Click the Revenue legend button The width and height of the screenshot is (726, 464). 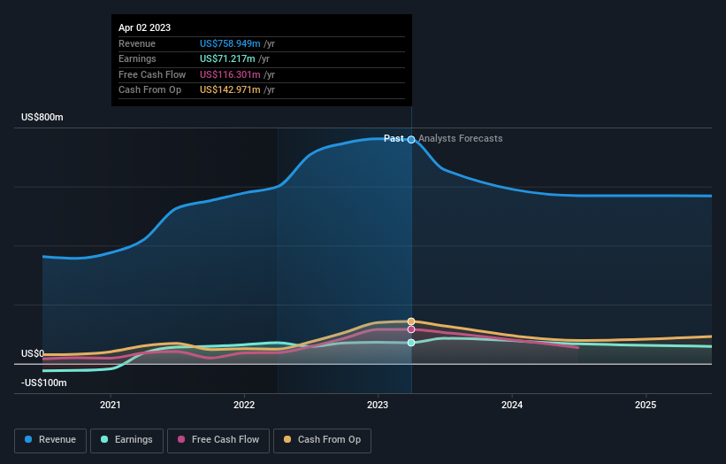click(x=50, y=439)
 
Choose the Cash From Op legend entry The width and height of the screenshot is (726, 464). click(x=321, y=439)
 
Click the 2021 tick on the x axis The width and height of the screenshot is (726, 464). click(x=111, y=406)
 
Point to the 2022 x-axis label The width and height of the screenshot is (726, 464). click(x=244, y=406)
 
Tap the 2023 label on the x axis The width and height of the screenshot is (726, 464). click(x=378, y=406)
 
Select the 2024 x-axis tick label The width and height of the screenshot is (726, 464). click(x=511, y=406)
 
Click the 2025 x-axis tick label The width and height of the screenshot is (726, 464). click(x=646, y=406)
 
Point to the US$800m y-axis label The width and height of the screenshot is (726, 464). click(x=42, y=118)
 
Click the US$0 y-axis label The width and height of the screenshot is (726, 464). click(x=33, y=353)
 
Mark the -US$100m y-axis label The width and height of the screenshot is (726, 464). click(x=44, y=383)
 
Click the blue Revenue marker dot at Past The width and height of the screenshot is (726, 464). click(x=411, y=140)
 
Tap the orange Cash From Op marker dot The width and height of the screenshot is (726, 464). click(x=411, y=321)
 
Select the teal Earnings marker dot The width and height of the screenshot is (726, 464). click(x=411, y=343)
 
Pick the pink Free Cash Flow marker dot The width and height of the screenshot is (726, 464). click(x=411, y=329)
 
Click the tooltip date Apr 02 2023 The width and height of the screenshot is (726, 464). click(x=145, y=27)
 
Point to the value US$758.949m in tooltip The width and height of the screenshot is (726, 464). click(x=230, y=43)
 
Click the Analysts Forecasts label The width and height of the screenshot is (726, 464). click(x=460, y=139)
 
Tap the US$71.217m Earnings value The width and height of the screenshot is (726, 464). click(x=227, y=59)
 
